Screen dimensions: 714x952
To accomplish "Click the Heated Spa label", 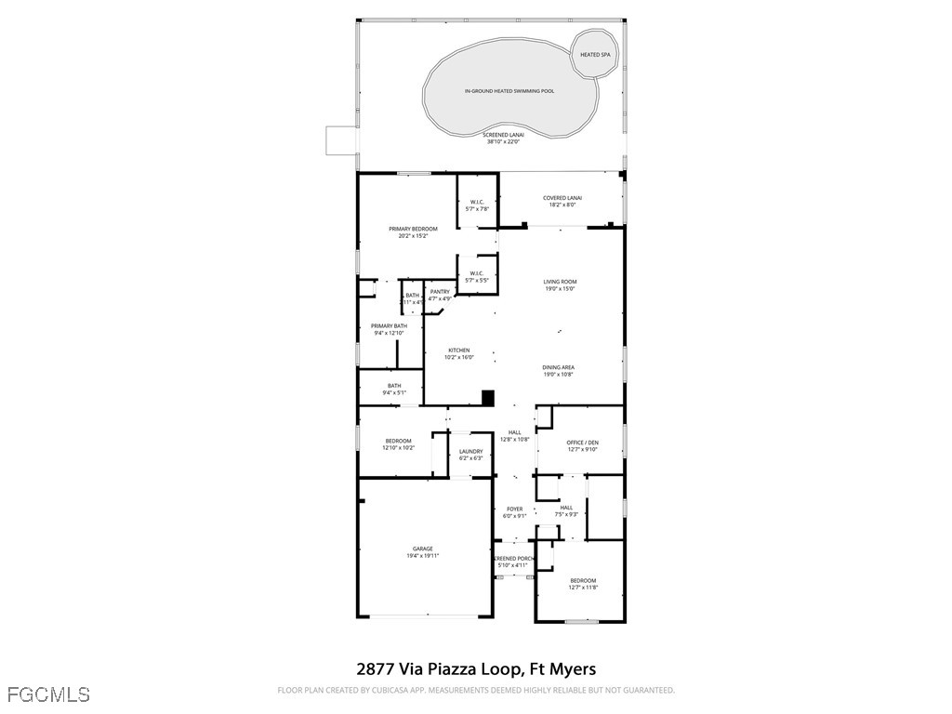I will click(595, 55).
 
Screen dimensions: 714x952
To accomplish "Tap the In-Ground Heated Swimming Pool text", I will click(509, 91).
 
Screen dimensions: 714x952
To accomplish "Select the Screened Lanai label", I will click(504, 134).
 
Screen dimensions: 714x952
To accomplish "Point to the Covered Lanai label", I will click(562, 198).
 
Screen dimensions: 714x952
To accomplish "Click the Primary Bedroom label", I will click(413, 229).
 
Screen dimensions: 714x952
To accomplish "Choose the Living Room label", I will click(561, 282).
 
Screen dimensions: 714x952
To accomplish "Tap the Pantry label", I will click(440, 292).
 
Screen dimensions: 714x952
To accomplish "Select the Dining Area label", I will click(559, 367).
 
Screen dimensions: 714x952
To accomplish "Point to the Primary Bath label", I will click(389, 326).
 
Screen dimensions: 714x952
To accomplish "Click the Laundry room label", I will click(470, 452).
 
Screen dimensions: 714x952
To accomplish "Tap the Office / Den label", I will click(582, 443).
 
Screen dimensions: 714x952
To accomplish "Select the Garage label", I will click(423, 549).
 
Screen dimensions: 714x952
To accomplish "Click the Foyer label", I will click(514, 509).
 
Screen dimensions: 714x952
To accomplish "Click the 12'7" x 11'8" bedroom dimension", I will click(583, 588).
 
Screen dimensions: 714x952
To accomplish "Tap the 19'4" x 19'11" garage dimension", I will click(423, 556).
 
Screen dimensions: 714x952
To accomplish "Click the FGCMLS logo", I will click(48, 694).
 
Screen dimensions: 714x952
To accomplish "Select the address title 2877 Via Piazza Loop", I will click(476, 668).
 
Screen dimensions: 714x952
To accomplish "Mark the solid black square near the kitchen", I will click(486, 397).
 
